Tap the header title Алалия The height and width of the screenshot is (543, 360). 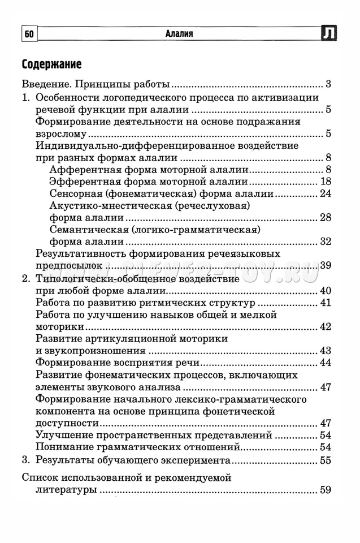[x=179, y=35]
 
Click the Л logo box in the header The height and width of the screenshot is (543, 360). [x=329, y=34]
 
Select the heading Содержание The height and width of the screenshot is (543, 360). [x=51, y=64]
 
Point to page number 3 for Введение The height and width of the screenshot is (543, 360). [x=328, y=85]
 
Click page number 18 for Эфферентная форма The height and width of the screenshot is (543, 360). [x=326, y=182]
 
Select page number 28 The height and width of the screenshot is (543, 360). [x=326, y=218]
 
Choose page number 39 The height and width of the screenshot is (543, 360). [x=326, y=265]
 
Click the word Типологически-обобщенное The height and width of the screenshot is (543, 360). [x=98, y=278]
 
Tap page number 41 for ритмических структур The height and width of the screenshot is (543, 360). [x=326, y=303]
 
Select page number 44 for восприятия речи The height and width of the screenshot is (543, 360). [x=326, y=363]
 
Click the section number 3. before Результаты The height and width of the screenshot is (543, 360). [x=25, y=459]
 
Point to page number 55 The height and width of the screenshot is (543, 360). [x=326, y=460]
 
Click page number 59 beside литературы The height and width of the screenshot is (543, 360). [x=326, y=490]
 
